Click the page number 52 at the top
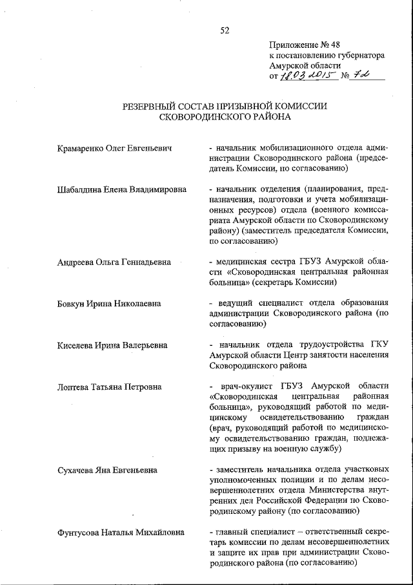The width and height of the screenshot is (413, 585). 224,30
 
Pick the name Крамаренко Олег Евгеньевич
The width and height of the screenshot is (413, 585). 115,149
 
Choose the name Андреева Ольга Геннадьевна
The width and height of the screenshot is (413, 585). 114,262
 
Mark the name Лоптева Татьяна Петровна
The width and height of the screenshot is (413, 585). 109,387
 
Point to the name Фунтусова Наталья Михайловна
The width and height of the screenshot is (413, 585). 121,533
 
